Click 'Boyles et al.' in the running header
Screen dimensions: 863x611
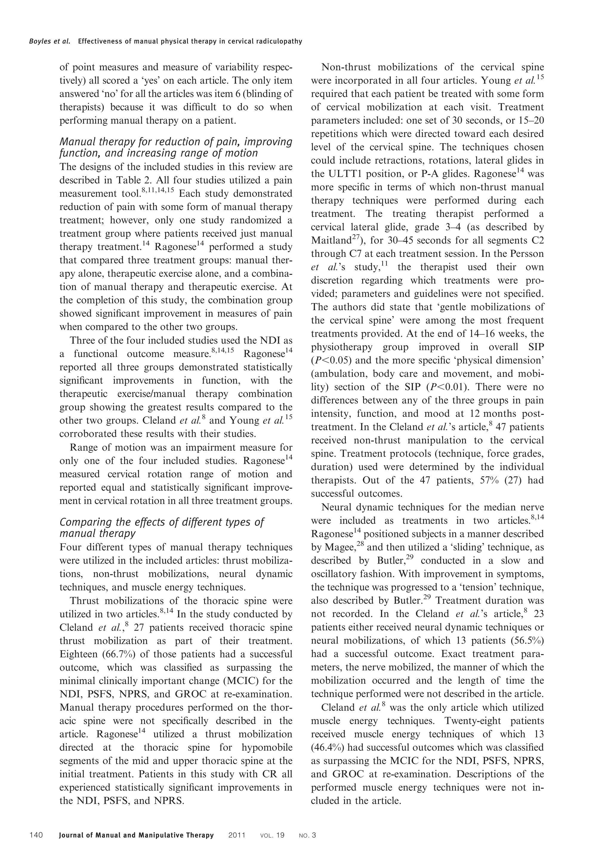(x=50, y=41)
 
